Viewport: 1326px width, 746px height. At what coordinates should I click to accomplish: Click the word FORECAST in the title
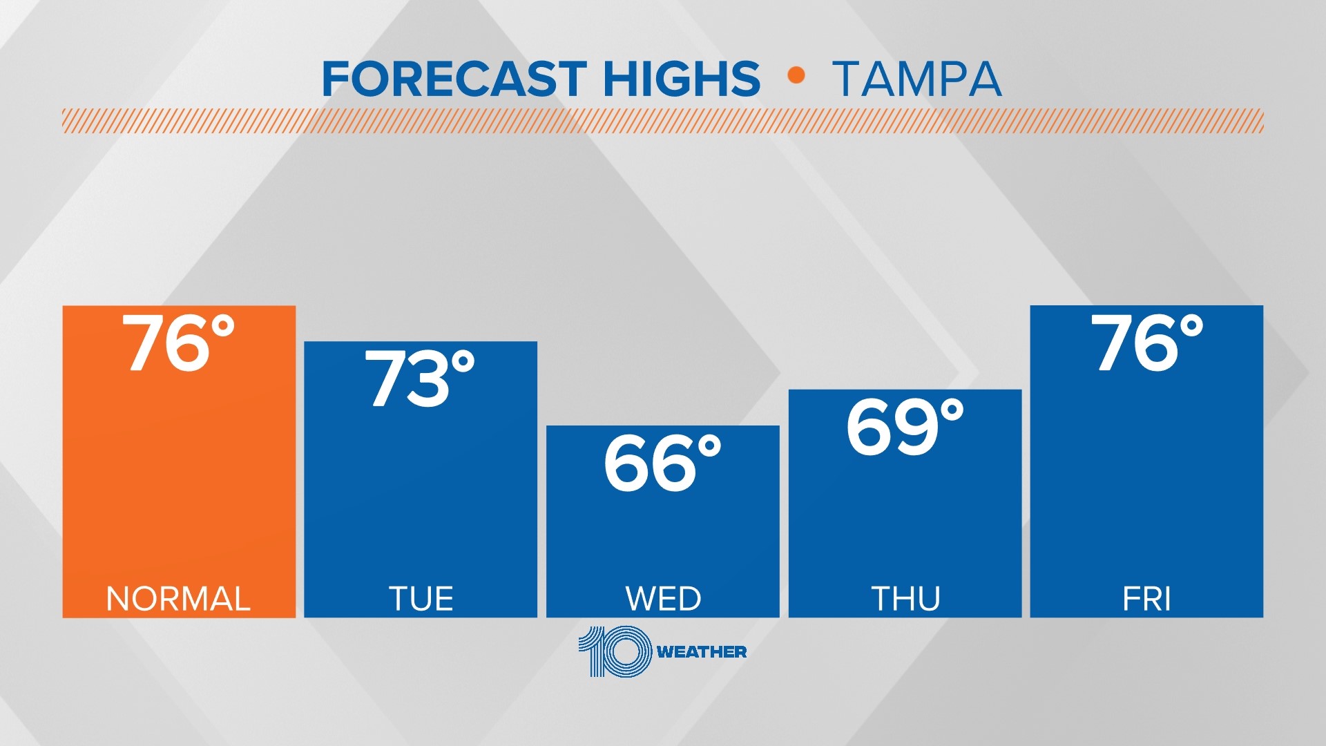[454, 79]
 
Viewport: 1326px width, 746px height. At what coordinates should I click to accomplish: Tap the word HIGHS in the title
[682, 79]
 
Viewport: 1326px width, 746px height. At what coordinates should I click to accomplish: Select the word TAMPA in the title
[917, 79]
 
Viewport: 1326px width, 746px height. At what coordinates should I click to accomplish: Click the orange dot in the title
[796, 75]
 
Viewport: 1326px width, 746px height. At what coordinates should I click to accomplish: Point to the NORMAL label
[178, 599]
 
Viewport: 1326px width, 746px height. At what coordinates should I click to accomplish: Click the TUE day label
[421, 599]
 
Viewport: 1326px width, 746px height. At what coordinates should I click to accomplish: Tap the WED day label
[663, 599]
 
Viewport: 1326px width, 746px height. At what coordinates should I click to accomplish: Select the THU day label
[905, 599]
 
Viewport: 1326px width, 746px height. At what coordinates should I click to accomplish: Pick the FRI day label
[1146, 599]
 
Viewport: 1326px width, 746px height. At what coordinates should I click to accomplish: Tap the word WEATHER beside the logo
[702, 652]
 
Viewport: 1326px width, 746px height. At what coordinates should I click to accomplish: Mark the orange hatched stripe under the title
[663, 121]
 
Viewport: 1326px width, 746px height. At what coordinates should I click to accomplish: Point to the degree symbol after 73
[463, 362]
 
